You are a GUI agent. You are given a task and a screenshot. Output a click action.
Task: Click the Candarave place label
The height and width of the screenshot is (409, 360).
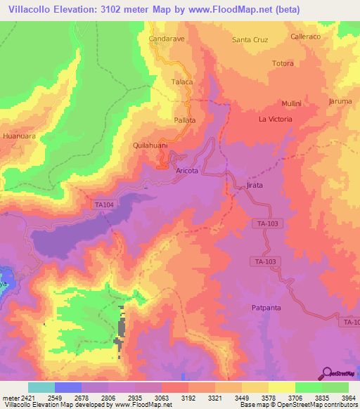click(166, 39)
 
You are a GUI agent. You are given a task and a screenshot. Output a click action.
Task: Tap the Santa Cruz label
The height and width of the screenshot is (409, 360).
click(251, 39)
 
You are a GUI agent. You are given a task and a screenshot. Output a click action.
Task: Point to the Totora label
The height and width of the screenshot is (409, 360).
click(283, 63)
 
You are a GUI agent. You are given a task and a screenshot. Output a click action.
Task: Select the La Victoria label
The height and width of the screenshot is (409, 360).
click(275, 119)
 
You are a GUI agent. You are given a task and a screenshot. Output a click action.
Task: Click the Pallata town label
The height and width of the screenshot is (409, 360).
click(185, 120)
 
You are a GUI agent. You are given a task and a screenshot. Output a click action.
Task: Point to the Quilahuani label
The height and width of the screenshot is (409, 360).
click(150, 145)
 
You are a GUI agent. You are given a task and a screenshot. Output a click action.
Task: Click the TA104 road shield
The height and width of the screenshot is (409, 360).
click(103, 204)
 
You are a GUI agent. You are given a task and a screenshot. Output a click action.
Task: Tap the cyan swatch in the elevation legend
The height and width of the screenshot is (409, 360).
click(41, 387)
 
